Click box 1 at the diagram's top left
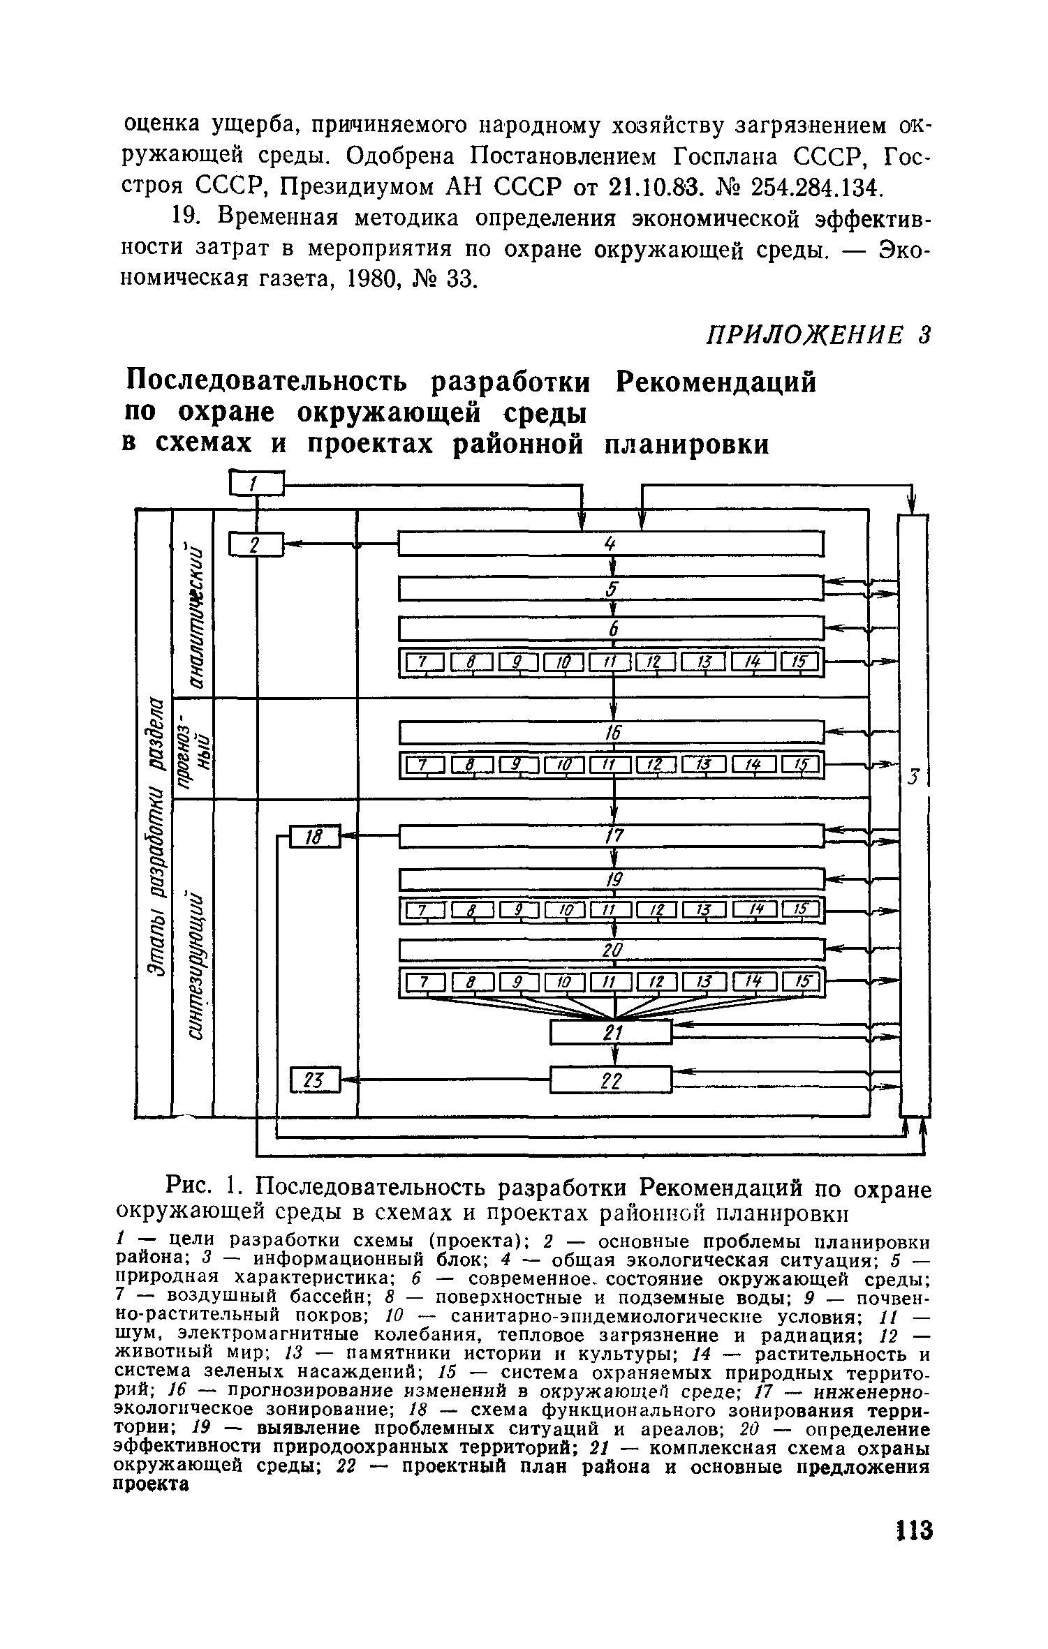pyautogui.click(x=256, y=483)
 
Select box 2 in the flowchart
pyautogui.click(x=256, y=545)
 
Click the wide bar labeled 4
pyautogui.click(x=611, y=544)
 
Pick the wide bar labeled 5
pyautogui.click(x=611, y=588)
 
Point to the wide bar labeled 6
pyautogui.click(x=611, y=629)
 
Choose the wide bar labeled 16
pyautogui.click(x=611, y=732)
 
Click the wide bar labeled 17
pyautogui.click(x=611, y=835)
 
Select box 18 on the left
pyautogui.click(x=314, y=837)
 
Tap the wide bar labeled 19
pyautogui.click(x=611, y=878)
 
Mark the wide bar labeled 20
pyautogui.click(x=611, y=949)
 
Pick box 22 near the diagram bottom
pyautogui.click(x=611, y=1080)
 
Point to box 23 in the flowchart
pyautogui.click(x=314, y=1080)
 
